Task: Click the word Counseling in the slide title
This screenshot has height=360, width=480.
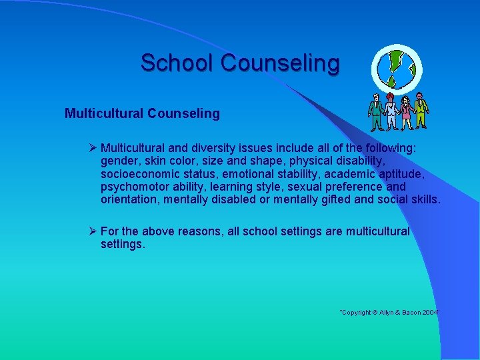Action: (280, 63)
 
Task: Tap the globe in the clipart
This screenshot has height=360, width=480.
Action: (397, 67)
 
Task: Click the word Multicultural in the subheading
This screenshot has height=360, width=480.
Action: (103, 113)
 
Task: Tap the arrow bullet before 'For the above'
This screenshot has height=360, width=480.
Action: (93, 231)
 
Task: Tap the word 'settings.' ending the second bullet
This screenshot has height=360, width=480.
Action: (123, 244)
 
